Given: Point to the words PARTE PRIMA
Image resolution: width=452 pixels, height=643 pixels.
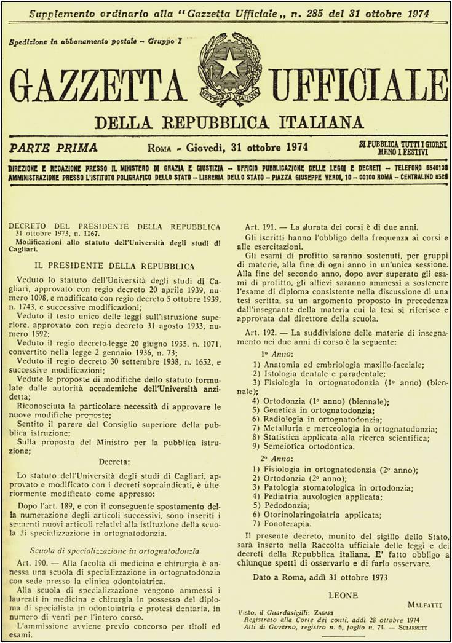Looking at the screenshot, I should [x=54, y=148].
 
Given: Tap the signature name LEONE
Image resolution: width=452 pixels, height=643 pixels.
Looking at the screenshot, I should [x=344, y=594].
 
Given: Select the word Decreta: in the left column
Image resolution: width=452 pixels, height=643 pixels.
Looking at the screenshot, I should [x=114, y=462].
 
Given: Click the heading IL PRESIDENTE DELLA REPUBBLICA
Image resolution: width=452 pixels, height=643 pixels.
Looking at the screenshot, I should [x=114, y=266].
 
